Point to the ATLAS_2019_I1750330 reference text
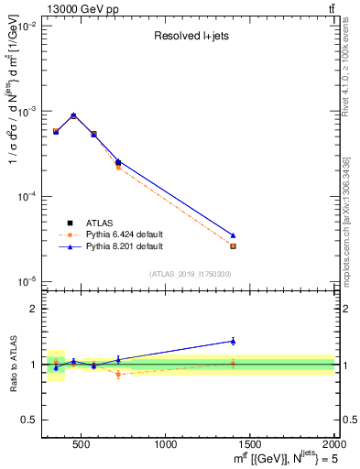(191, 274)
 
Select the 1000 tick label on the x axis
(166, 444)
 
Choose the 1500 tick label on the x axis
(250, 444)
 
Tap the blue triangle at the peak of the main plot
(73, 115)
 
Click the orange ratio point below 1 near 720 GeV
(118, 374)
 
